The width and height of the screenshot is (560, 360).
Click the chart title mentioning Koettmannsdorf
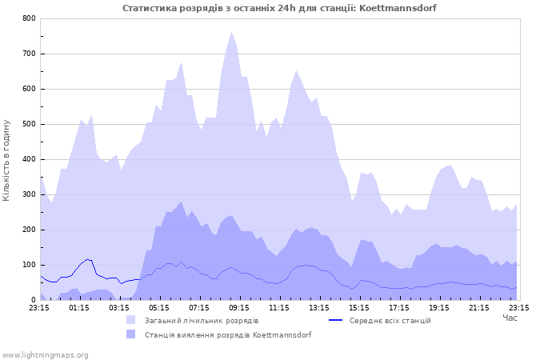(x=279, y=8)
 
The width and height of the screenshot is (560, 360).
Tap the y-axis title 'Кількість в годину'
(x=7, y=160)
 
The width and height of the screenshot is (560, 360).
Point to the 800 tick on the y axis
(x=29, y=18)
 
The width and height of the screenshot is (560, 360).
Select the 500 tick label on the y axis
(x=29, y=124)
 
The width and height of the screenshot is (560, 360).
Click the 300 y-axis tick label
(x=29, y=194)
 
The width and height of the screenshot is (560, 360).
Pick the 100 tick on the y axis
(x=29, y=265)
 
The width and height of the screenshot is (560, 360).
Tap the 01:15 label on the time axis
(x=79, y=306)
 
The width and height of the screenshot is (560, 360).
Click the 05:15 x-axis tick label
(x=159, y=306)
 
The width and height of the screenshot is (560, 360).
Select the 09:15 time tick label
(x=239, y=306)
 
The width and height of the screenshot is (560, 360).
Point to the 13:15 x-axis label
(x=319, y=306)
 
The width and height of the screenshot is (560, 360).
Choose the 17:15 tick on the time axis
(x=399, y=306)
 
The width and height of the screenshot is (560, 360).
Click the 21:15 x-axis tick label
(x=479, y=306)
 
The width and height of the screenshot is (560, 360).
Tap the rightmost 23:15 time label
(x=519, y=306)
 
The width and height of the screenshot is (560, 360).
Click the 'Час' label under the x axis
(x=510, y=318)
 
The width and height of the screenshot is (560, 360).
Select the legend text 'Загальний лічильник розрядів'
(x=201, y=321)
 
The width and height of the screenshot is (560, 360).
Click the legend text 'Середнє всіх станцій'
(x=390, y=321)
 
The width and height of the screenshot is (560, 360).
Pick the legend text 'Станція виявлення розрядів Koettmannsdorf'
(x=228, y=335)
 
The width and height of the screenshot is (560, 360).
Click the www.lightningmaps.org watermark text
(x=45, y=354)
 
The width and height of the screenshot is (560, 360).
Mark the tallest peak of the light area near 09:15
(x=231, y=32)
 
